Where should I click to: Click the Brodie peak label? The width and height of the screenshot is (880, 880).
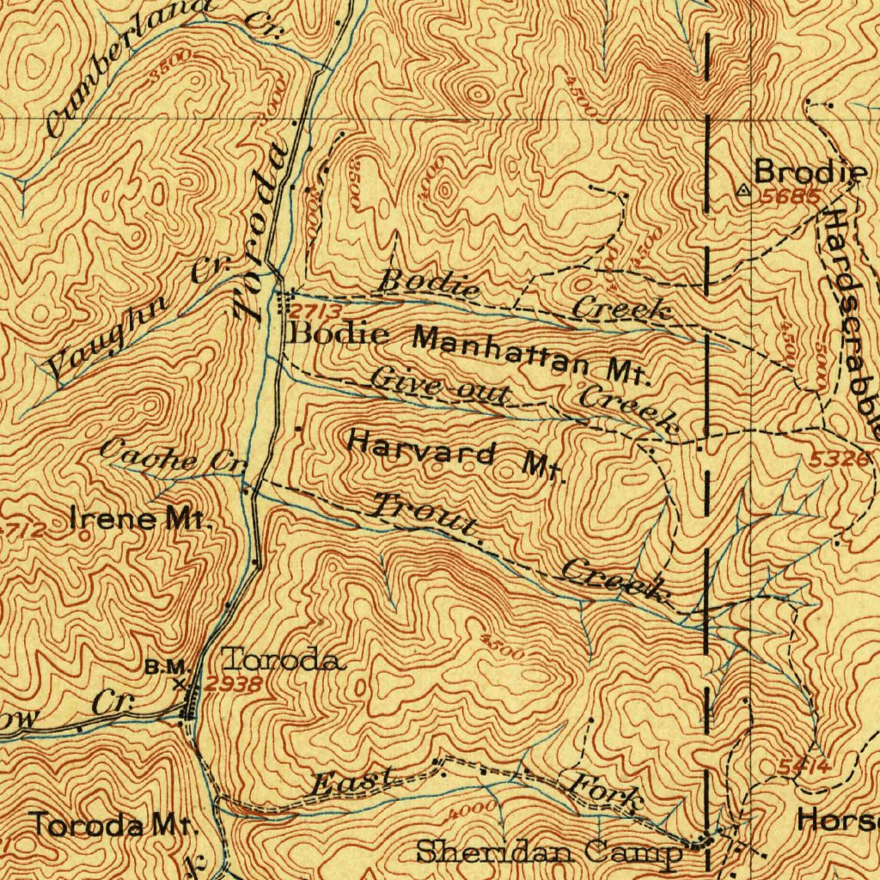[811, 172]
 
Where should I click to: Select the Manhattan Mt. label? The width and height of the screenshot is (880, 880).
[533, 352]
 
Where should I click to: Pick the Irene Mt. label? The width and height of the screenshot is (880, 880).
[139, 520]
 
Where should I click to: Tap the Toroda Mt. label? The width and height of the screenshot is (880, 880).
[115, 826]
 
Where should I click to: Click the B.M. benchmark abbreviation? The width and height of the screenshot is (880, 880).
[165, 666]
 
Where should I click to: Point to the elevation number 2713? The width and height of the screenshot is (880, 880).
[315, 311]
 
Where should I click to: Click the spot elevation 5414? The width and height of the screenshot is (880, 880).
[804, 766]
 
